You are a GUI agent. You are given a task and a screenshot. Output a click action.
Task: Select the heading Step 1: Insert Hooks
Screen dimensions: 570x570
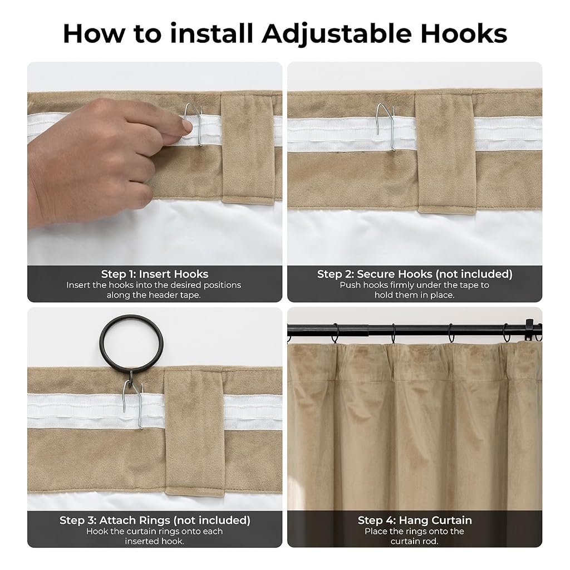tap(155, 274)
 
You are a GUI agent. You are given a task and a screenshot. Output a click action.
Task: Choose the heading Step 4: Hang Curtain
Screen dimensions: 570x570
tap(415, 520)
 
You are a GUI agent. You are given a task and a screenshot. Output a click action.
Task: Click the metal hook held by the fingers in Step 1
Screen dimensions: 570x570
tap(194, 124)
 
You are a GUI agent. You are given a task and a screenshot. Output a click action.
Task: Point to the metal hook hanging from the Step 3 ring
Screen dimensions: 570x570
tap(133, 404)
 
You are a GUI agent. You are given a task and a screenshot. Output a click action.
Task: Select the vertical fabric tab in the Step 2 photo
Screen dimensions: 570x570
tap(445, 153)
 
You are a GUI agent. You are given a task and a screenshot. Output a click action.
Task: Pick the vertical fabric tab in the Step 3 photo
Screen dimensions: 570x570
tap(194, 432)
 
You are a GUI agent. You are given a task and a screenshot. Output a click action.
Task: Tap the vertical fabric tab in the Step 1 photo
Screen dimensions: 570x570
tap(248, 149)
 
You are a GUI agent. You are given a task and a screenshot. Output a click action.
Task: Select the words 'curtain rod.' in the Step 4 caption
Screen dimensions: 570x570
tap(414, 541)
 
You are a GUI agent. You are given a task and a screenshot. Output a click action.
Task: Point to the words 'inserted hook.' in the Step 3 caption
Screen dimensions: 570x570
tap(155, 541)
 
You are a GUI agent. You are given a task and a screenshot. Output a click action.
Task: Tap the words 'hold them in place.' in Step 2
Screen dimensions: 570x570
tap(414, 295)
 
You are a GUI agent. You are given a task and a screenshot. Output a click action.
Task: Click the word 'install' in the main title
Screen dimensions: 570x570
tap(211, 33)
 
